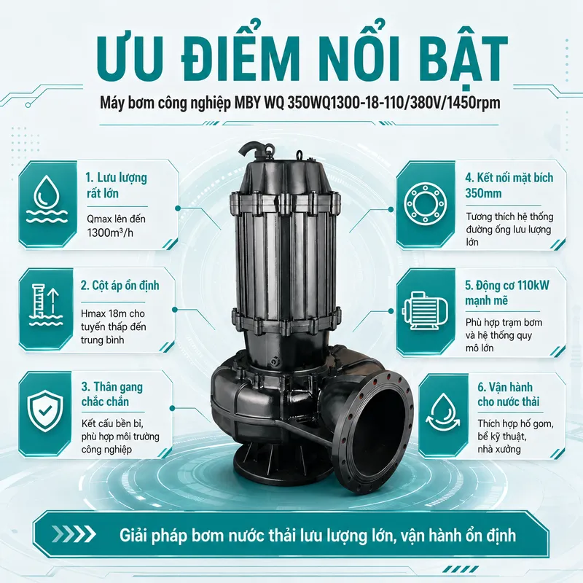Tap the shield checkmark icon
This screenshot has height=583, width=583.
46,411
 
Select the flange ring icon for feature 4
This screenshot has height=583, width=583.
426,204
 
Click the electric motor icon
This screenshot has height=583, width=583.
424,311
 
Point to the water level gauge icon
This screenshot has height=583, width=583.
46,305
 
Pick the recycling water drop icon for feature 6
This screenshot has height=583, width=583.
442,412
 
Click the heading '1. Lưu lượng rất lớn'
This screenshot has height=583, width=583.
117,185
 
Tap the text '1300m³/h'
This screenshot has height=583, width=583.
110,232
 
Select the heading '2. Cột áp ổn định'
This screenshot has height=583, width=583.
120,286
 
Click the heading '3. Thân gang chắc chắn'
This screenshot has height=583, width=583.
112,394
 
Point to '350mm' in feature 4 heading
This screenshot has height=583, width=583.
483,193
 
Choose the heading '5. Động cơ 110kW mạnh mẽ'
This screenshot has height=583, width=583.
506,293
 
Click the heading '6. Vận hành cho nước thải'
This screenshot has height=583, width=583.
508,394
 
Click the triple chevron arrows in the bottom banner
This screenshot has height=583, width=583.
74,534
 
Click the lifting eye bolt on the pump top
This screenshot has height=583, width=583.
299,154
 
